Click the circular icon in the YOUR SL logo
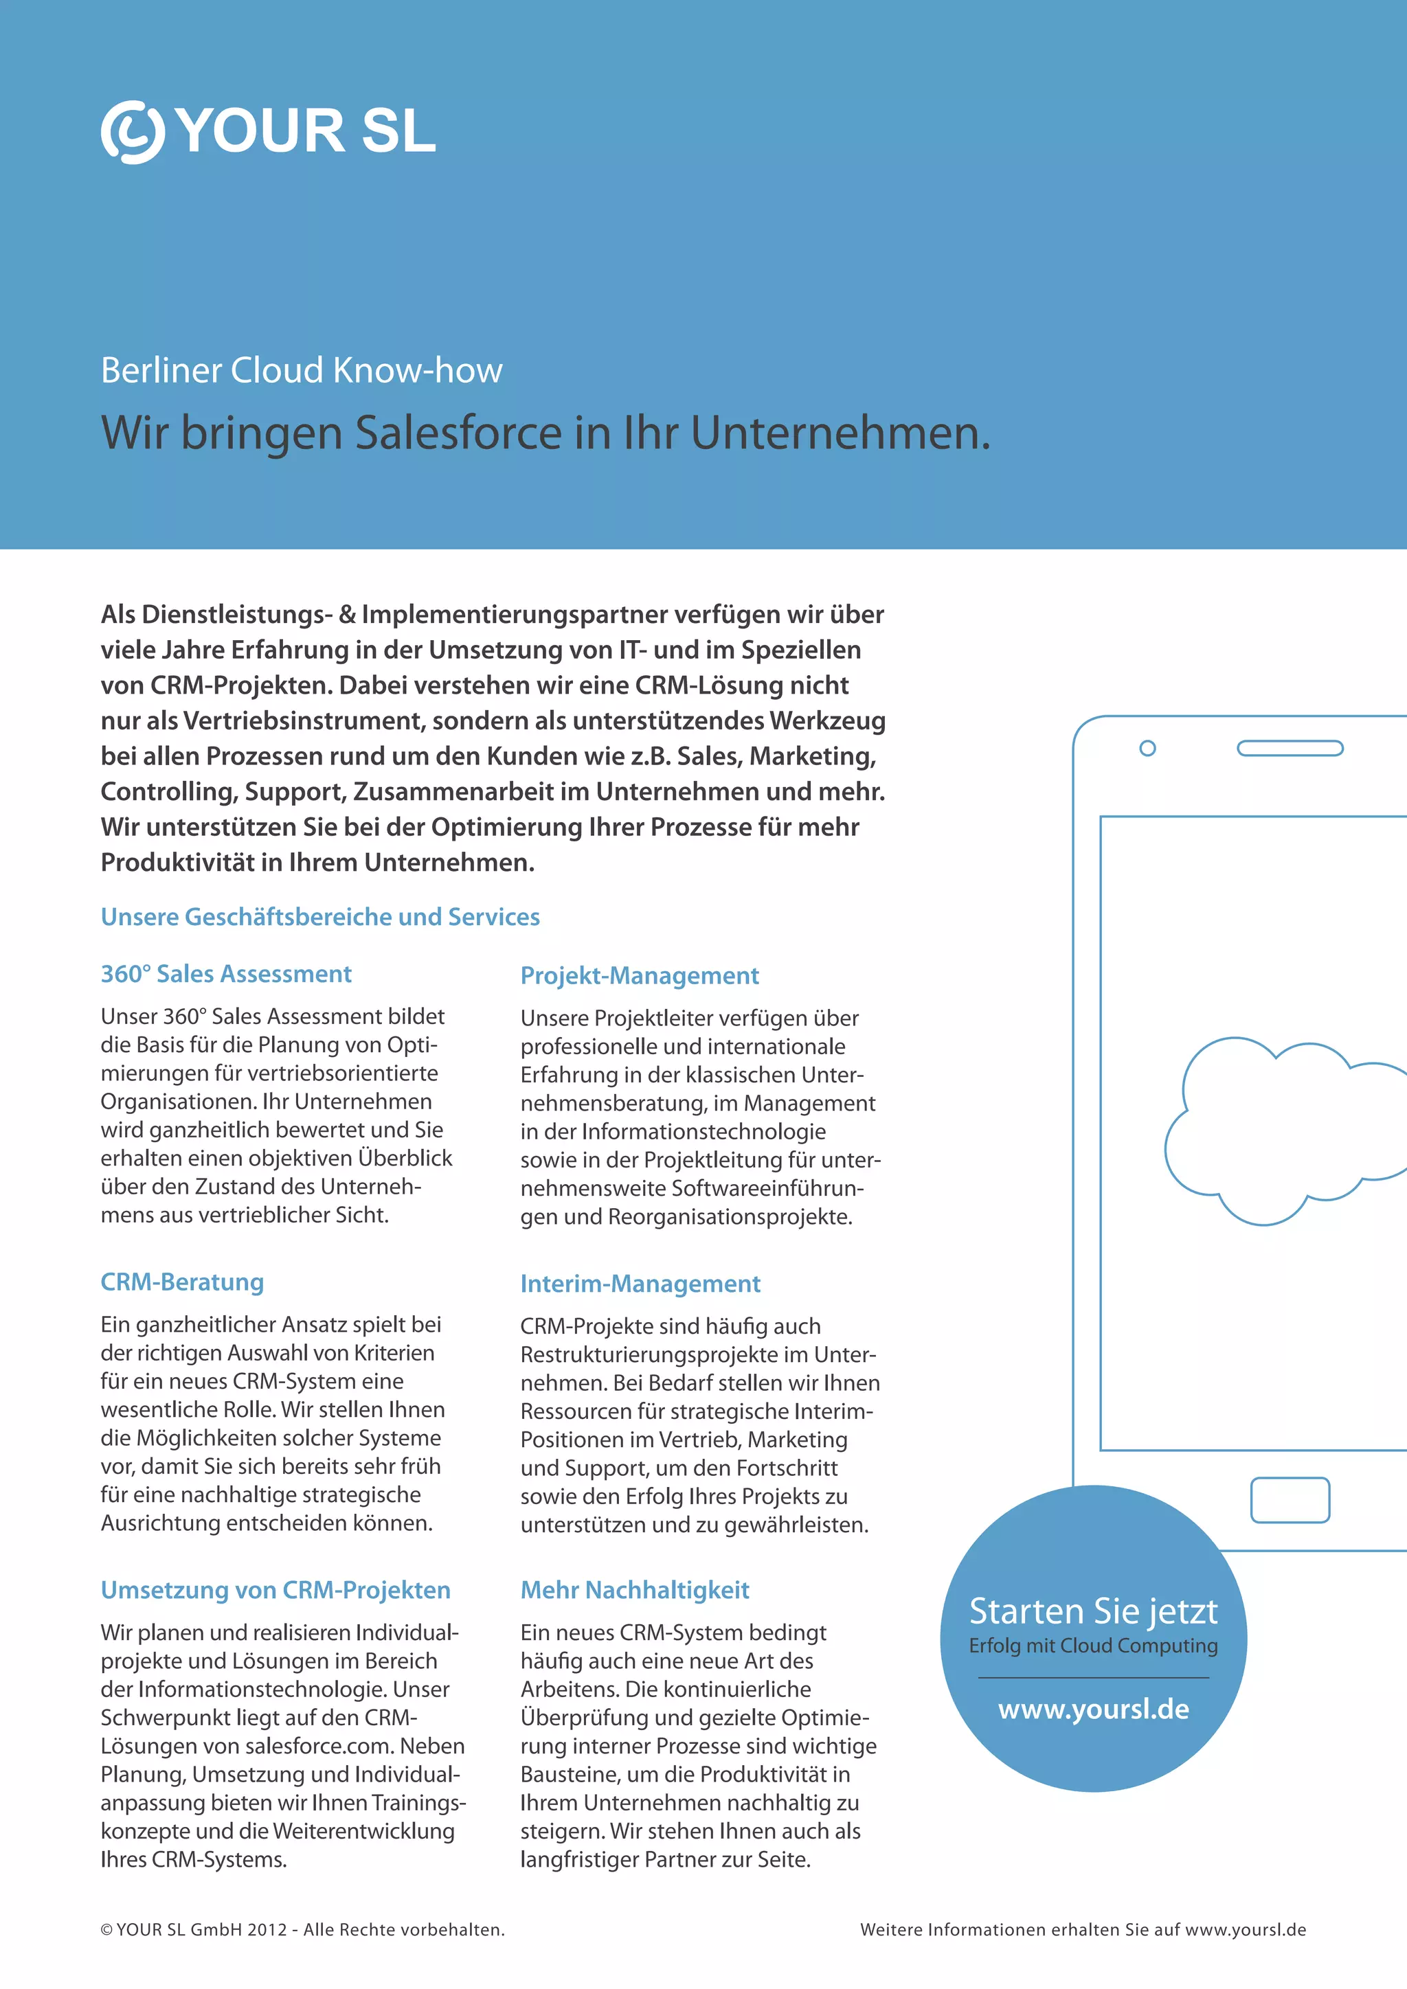[132, 132]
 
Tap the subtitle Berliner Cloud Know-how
[301, 370]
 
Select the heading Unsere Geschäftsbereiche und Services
[319, 916]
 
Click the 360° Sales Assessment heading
[225, 974]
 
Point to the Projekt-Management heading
[640, 975]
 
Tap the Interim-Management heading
[640, 1283]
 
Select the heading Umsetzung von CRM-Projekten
[275, 1590]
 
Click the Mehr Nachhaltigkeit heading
[635, 1590]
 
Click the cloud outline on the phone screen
[1282, 1130]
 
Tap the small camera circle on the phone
[1147, 748]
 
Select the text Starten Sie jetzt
[1093, 1611]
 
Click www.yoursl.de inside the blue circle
[1093, 1709]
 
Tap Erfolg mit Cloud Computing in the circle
[1093, 1646]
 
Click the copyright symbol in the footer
[106, 1930]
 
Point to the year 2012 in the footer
[267, 1930]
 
